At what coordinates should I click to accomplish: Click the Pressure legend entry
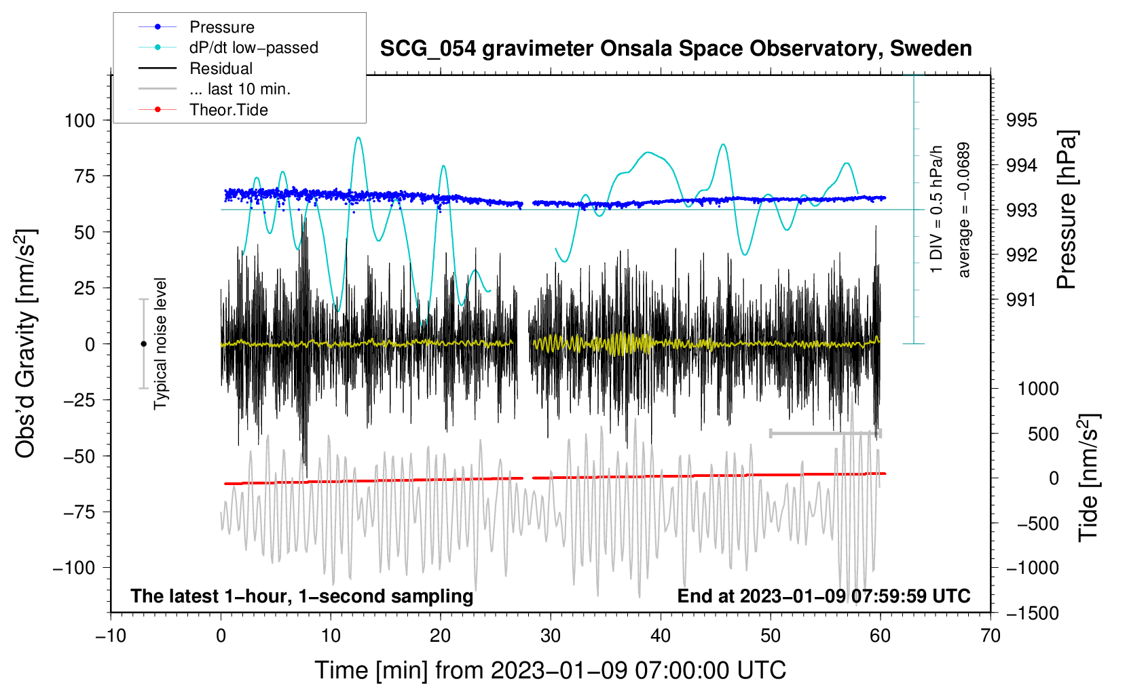coord(196,26)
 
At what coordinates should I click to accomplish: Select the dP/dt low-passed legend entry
coord(228,47)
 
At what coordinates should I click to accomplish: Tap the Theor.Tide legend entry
coord(203,110)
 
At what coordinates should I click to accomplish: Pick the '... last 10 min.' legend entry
coord(215,89)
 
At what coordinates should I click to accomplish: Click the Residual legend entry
coord(196,69)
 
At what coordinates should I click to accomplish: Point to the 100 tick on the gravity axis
coord(80,121)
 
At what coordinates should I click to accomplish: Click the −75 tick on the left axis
coord(79,512)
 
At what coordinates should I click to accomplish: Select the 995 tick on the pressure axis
coord(1021,121)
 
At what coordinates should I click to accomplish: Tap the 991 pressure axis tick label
coord(1021,301)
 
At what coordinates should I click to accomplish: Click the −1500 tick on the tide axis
coord(1033,613)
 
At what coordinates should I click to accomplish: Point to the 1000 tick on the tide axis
coord(1039,389)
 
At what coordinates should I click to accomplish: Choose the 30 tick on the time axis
coord(551,636)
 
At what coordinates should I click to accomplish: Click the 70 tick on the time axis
coord(990,636)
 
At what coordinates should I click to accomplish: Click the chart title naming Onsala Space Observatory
coord(676,49)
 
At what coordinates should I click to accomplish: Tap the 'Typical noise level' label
coord(160,344)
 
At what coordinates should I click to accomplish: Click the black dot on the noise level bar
coord(143,344)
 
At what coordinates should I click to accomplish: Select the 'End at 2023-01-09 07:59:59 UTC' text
coord(824,596)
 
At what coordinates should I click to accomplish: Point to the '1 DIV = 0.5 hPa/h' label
coord(936,209)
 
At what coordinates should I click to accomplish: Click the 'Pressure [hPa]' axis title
coord(1067,210)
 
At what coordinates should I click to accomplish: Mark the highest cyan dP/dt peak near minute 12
coord(358,137)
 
